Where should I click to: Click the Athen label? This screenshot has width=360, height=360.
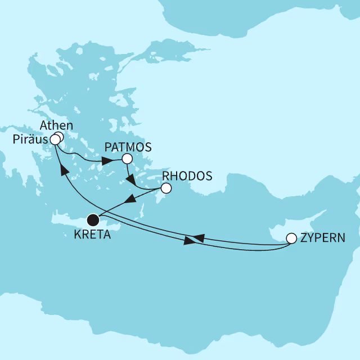point(58,125)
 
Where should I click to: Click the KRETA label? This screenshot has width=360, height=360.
point(92,234)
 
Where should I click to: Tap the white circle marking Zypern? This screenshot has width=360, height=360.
point(291,238)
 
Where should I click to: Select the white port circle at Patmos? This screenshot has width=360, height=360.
point(127,159)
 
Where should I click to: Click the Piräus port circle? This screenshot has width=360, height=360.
point(55,139)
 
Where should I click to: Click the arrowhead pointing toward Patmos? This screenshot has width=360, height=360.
point(106,162)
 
